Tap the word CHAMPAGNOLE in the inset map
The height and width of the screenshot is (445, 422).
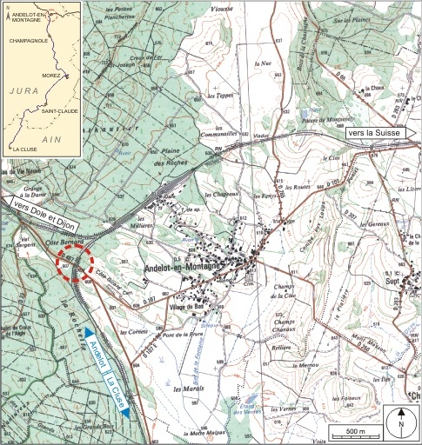click(27, 39)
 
